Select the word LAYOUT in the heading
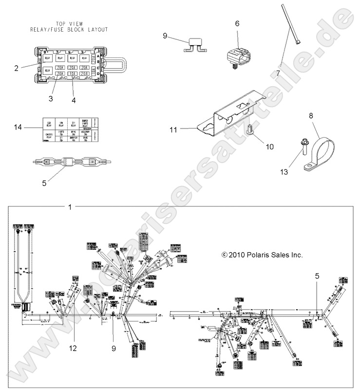[95, 29]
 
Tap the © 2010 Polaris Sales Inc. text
[262, 255]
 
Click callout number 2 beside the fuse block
[16, 68]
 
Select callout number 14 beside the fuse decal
[18, 128]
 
